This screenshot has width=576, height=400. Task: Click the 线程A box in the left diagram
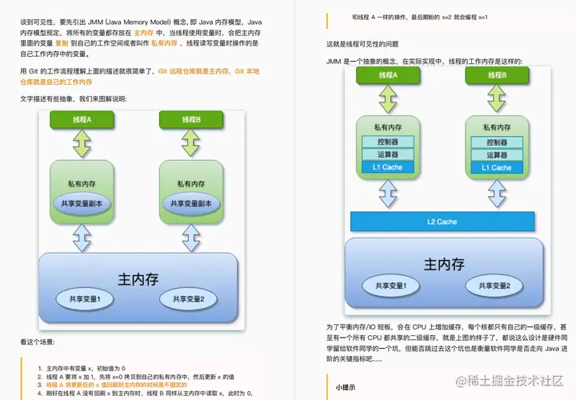point(83,120)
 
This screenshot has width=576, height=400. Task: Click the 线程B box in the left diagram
point(190,120)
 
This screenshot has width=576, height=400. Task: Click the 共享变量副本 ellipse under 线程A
point(83,203)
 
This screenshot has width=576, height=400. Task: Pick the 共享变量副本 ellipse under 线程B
point(190,203)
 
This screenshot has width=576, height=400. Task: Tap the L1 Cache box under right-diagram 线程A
point(387,167)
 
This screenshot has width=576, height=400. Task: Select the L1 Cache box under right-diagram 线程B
point(496,167)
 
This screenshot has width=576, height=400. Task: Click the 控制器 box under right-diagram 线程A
point(387,142)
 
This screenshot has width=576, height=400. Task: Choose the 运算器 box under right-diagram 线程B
point(496,154)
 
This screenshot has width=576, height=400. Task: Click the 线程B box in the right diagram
point(495,75)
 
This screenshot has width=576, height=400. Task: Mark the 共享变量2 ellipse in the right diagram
point(496,286)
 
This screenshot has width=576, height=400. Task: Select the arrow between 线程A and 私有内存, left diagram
point(83,144)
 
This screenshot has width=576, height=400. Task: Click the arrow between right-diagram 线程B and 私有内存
point(495,100)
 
